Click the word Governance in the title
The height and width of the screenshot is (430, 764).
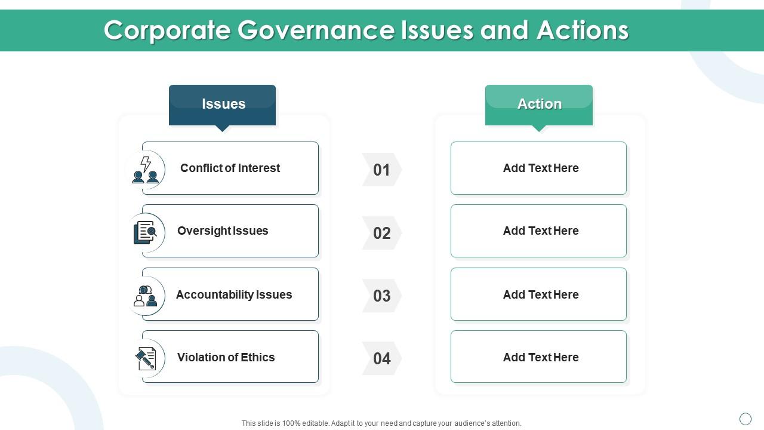click(316, 30)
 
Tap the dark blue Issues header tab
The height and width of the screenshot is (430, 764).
click(223, 106)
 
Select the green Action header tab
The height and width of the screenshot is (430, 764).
click(539, 106)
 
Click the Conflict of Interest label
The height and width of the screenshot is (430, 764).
click(230, 168)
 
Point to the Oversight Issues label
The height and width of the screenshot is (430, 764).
click(223, 231)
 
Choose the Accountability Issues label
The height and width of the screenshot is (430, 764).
click(234, 294)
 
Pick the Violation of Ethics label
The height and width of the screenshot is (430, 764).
click(226, 357)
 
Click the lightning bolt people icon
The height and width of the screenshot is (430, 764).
click(146, 170)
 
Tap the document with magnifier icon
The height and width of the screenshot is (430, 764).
click(145, 232)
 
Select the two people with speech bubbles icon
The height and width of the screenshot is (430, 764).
click(145, 296)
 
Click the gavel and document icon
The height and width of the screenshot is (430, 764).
click(146, 358)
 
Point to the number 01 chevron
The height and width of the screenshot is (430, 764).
click(381, 170)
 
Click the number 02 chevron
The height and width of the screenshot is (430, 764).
click(381, 233)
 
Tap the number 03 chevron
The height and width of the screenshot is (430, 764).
click(381, 296)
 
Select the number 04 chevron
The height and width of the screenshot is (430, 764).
click(381, 358)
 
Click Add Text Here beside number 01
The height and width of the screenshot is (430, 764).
click(541, 168)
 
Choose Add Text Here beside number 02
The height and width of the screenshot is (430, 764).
click(541, 231)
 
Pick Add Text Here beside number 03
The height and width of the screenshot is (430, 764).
click(541, 294)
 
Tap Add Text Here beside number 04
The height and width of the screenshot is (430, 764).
click(541, 357)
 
